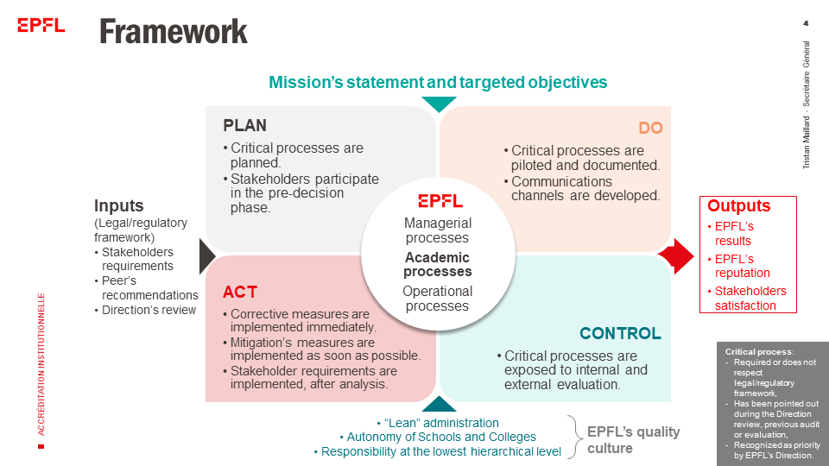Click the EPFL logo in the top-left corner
tap(41, 25)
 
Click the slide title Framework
tap(174, 32)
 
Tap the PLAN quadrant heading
tap(245, 125)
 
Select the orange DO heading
tap(650, 129)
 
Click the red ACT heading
tap(239, 292)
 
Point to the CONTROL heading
tap(620, 333)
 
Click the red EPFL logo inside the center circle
tap(440, 200)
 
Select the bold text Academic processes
tap(438, 264)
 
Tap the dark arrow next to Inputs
tap(206, 256)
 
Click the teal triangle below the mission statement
tap(440, 104)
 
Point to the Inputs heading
tap(119, 206)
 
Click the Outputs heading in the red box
tap(738, 206)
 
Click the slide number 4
tap(806, 22)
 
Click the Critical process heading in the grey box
tap(759, 352)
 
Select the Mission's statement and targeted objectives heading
tap(438, 82)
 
